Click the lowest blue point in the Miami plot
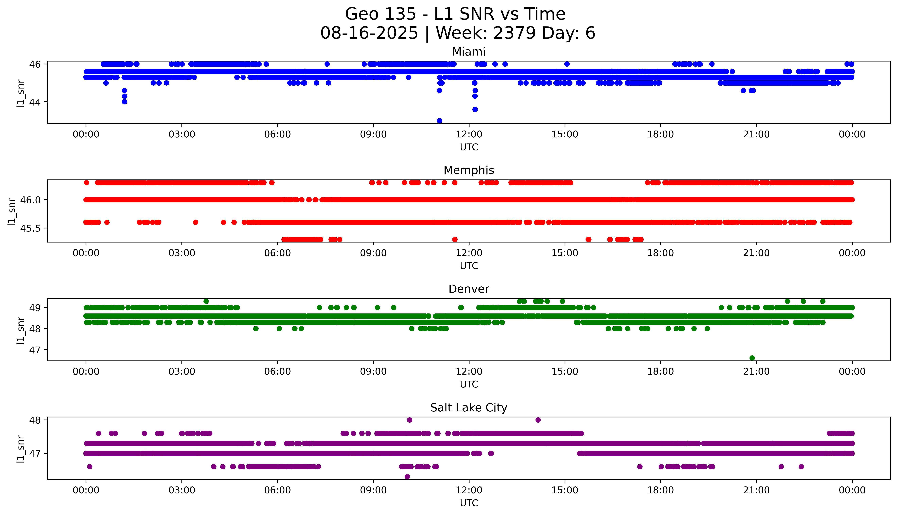[x=439, y=121]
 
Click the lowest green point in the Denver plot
[x=752, y=358]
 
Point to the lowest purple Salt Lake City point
[x=407, y=476]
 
